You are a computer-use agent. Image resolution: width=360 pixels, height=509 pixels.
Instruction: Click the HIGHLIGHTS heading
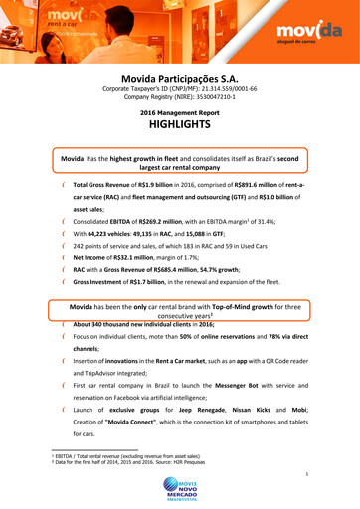pyautogui.click(x=180, y=126)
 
